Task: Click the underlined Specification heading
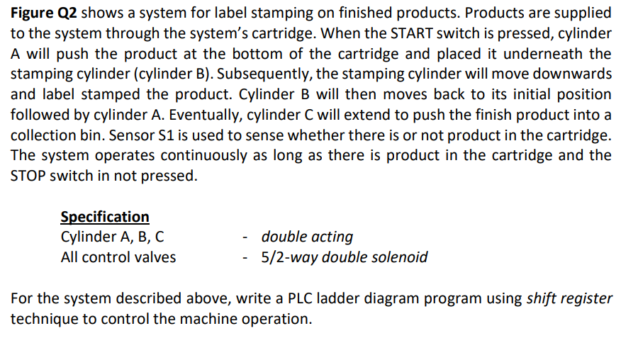point(105,217)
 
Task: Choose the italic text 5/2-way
point(290,257)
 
